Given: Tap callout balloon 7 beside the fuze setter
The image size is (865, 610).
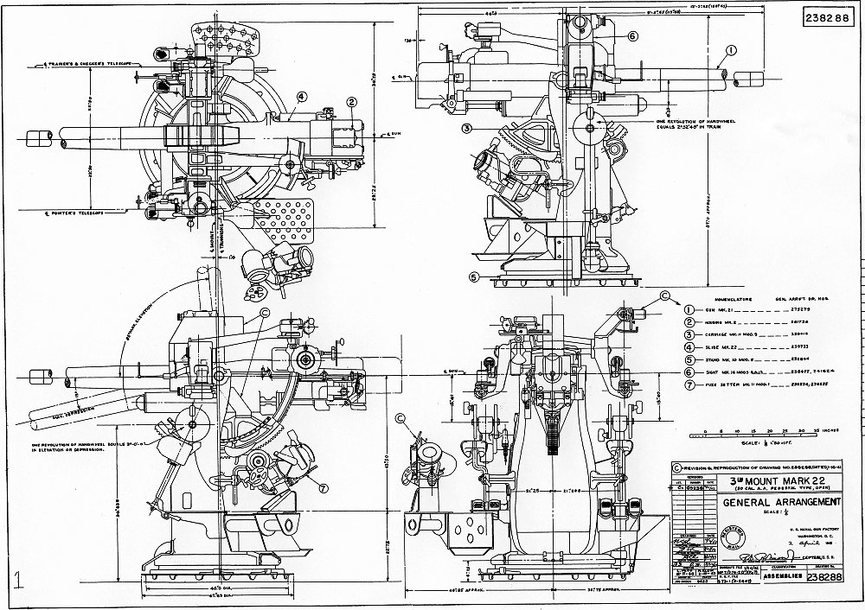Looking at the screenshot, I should (x=323, y=487).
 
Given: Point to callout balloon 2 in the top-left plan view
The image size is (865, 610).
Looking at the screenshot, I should (x=352, y=102).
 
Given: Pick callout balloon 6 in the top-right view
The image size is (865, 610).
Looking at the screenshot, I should (x=632, y=36).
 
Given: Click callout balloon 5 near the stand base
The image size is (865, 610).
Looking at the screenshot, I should (x=474, y=277).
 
